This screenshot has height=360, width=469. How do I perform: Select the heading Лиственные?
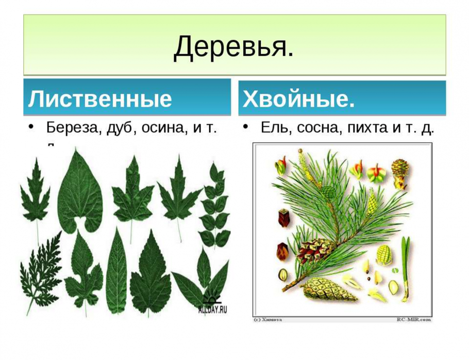point(99,99)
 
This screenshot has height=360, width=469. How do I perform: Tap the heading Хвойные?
point(299,99)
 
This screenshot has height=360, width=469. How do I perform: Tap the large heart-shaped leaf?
point(80,193)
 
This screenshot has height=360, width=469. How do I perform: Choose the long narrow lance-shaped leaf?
point(116,273)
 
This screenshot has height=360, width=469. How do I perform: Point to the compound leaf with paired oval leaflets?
point(215,206)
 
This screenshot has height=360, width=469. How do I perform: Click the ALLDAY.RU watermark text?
point(212,310)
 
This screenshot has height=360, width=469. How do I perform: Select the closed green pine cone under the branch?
point(328,290)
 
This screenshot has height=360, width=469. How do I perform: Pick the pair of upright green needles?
point(406,268)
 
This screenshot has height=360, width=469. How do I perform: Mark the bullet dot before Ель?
point(247,127)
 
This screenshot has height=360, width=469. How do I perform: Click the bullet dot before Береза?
point(31,127)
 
